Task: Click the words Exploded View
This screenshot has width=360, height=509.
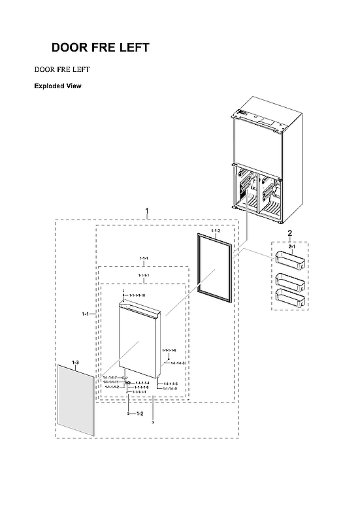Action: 57,86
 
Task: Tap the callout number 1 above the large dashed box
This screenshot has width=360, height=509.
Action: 147,211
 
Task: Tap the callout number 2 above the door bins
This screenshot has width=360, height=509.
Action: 289,234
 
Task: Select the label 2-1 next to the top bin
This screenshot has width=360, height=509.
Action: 292,246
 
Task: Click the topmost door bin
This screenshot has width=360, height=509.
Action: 289,262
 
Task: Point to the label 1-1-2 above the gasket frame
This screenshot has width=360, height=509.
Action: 216,232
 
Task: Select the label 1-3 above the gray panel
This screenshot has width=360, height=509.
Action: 75,362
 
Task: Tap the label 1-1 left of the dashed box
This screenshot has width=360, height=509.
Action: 85,314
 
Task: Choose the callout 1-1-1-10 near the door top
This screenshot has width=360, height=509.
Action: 137,296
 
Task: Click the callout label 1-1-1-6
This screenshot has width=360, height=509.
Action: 169,351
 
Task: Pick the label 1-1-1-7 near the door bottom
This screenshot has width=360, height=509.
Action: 110,378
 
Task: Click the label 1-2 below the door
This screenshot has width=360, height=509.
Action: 139,414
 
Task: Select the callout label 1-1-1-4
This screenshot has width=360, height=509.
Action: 142,383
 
